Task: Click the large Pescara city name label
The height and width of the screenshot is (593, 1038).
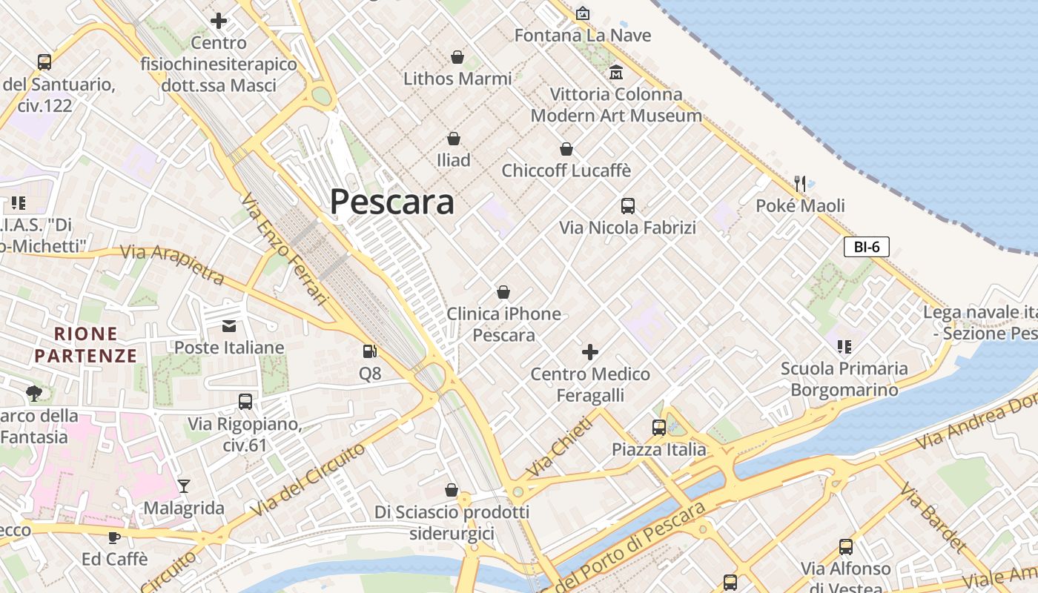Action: coord(391,202)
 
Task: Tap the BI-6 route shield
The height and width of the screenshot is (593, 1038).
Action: coord(866,247)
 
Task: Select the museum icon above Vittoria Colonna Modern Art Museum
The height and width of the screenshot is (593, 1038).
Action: coord(615,73)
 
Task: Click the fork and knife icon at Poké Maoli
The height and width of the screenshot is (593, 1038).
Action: coord(800,183)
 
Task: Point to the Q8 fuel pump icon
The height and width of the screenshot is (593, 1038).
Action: coord(369,352)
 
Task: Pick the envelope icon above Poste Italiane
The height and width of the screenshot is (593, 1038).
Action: coord(229,325)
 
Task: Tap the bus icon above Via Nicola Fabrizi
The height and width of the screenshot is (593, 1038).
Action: coord(628,206)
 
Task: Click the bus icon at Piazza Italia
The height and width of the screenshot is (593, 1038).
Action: coord(658,427)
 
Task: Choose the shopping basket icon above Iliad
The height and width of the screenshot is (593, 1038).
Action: coord(454,139)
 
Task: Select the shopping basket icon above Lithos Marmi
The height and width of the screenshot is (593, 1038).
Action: coord(457,57)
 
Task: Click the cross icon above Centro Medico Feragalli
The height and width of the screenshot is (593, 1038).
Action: coord(590,352)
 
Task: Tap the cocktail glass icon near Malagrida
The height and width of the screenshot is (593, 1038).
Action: coord(184,486)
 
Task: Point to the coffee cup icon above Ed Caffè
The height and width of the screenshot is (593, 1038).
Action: coord(114,537)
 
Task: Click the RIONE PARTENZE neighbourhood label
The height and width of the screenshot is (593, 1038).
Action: coord(86,345)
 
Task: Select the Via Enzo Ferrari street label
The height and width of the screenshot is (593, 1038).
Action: coord(284,249)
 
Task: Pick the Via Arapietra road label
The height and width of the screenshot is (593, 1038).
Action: coord(172,264)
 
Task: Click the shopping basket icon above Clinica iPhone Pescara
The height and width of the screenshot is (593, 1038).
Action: coord(503,292)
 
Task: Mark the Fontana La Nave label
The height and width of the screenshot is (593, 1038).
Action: coord(582,35)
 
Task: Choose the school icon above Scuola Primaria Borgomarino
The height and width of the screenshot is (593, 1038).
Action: coord(844,346)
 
